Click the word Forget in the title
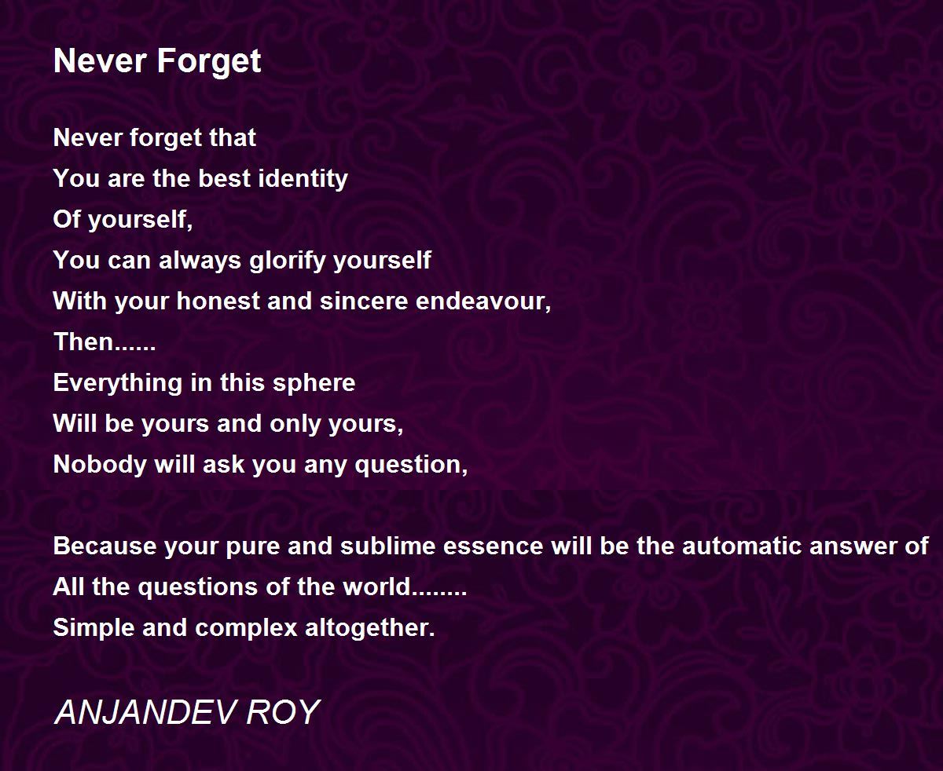208,62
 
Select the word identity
303,180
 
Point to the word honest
218,301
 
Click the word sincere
364,301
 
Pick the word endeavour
481,301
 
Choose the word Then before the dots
83,342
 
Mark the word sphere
314,384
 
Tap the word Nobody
100,465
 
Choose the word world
376,587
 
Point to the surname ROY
283,712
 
